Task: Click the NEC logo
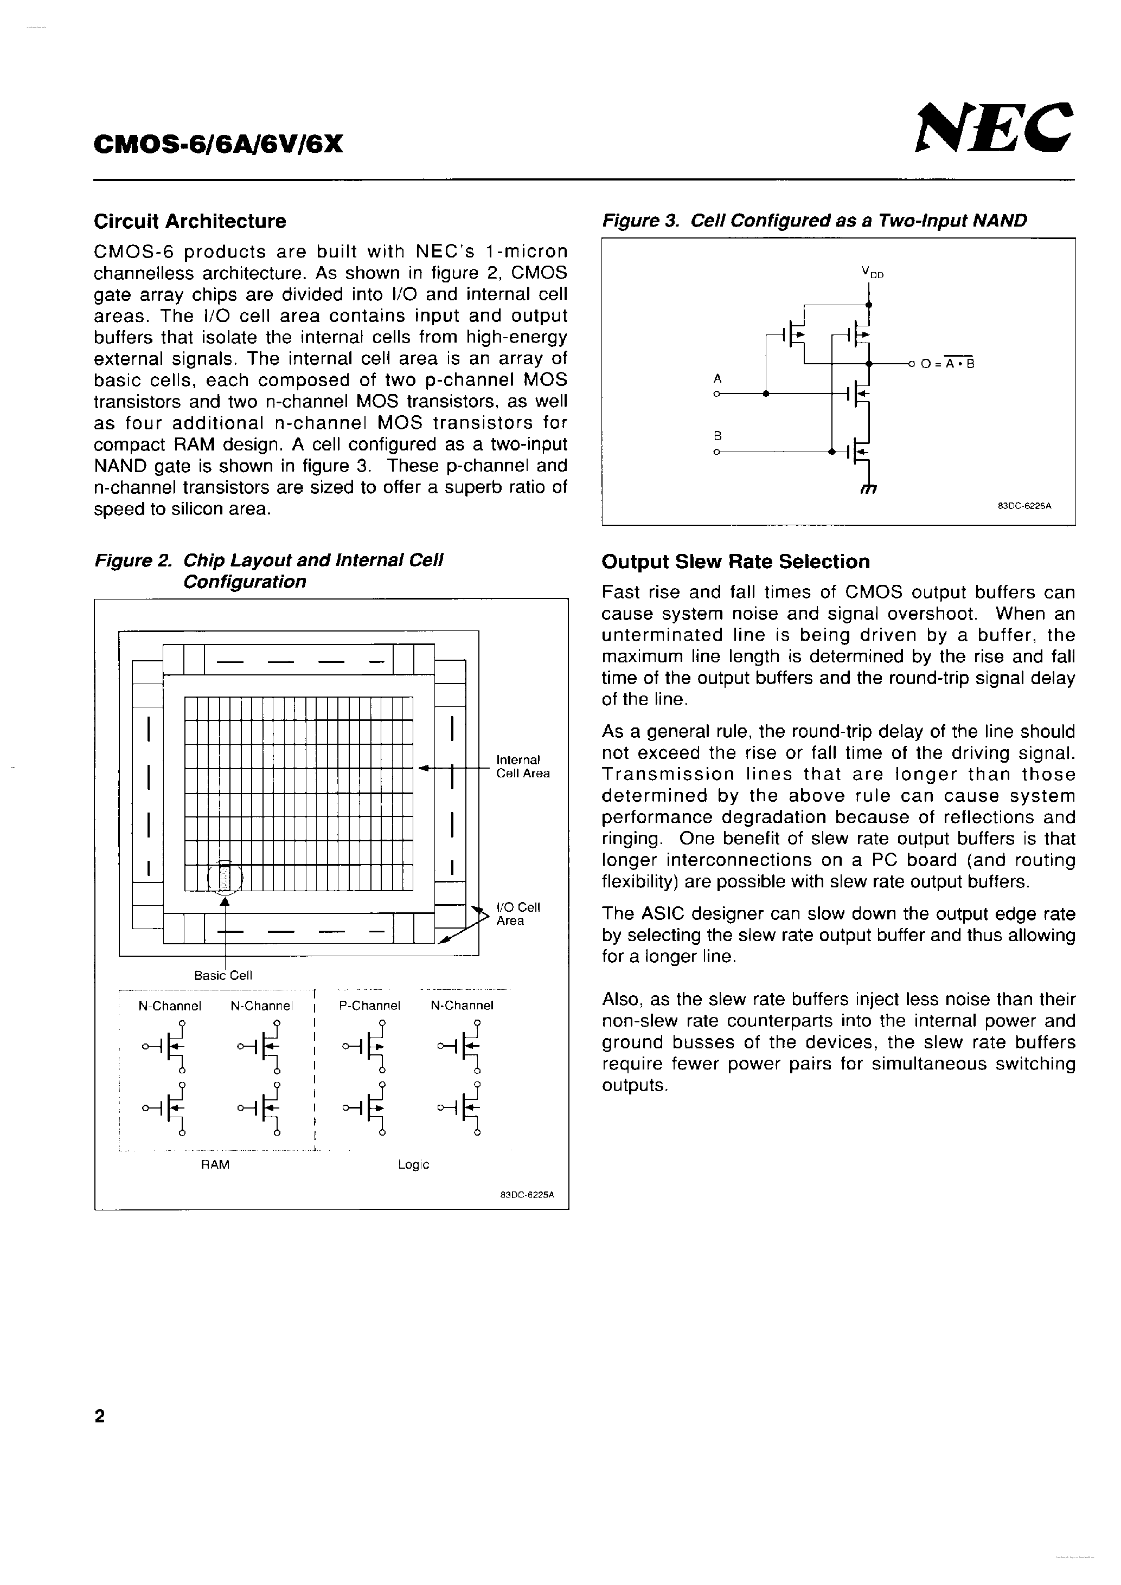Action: [995, 128]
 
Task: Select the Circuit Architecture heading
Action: [190, 222]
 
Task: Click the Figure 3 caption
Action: [815, 221]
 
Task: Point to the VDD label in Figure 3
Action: [873, 273]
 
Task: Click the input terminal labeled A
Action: [717, 394]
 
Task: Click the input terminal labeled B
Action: [717, 452]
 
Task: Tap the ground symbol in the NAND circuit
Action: [868, 489]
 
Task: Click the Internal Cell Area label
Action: [523, 767]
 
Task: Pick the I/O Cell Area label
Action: [518, 914]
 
